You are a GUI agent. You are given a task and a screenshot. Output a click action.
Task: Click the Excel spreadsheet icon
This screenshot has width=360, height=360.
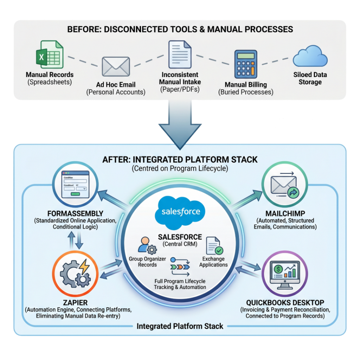click(50, 54)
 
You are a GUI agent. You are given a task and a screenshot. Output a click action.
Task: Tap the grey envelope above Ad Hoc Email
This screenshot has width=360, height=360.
click(116, 66)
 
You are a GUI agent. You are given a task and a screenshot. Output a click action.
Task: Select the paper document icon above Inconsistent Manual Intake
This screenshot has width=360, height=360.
click(180, 54)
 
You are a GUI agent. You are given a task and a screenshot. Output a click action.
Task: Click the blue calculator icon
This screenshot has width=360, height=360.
click(246, 64)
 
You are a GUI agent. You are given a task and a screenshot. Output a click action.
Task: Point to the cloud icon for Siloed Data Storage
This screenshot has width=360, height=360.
click(310, 56)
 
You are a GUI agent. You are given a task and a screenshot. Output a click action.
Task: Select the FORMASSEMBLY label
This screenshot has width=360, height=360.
click(75, 213)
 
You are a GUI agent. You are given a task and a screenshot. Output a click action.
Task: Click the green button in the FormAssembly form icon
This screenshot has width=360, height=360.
click(75, 194)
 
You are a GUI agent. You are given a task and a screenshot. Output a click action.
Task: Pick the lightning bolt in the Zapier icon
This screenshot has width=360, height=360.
click(84, 266)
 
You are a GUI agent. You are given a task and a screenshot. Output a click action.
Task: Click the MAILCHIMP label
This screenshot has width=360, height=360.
click(285, 213)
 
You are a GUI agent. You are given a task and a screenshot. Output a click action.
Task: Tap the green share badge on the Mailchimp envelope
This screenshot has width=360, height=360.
click(293, 193)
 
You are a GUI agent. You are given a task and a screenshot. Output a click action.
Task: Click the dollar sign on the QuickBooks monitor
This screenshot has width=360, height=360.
click(278, 269)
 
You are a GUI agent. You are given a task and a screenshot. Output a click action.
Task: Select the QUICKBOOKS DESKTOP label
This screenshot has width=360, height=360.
click(285, 303)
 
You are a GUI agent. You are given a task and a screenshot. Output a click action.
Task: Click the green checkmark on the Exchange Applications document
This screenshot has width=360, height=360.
click(219, 250)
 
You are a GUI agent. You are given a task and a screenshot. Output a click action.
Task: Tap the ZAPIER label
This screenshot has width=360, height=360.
click(75, 303)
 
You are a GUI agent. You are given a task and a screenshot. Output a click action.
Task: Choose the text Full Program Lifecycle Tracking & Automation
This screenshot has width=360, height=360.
click(180, 284)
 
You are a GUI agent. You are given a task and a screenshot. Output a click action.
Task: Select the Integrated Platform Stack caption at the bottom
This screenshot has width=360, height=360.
click(180, 326)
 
